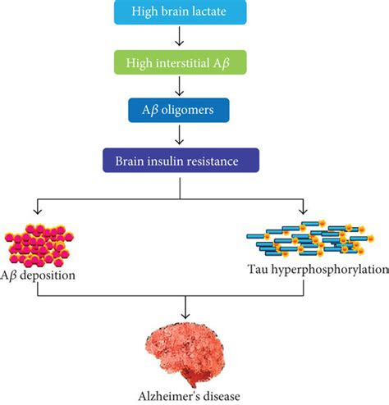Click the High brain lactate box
[x=181, y=12]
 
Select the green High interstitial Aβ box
[x=181, y=62]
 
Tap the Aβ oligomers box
[x=179, y=110]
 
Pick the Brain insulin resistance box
[x=181, y=161]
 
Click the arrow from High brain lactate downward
[x=180, y=36]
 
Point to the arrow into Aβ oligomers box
[x=180, y=86]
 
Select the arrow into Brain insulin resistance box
[x=180, y=134]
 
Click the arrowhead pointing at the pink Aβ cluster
[x=38, y=211]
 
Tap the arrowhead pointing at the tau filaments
[x=303, y=211]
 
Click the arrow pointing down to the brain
[x=185, y=307]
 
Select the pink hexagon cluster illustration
[x=39, y=245]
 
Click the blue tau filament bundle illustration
[x=310, y=239]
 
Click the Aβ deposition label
[x=38, y=275]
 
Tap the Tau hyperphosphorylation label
[x=318, y=270]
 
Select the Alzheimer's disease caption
[x=189, y=396]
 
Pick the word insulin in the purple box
[x=165, y=161]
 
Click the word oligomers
[x=187, y=111]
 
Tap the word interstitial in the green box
[x=183, y=63]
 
